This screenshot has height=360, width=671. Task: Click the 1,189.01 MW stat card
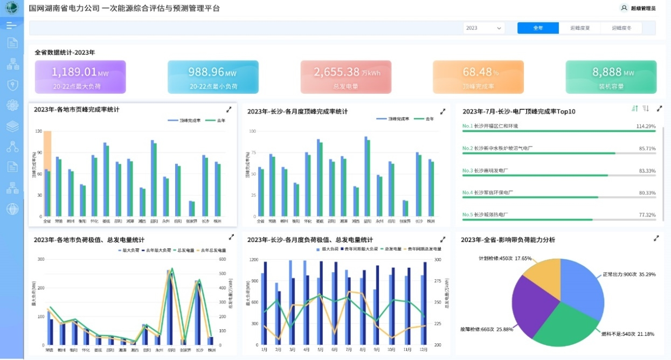[x=80, y=77]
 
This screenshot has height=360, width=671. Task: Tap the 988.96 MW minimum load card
[x=213, y=77]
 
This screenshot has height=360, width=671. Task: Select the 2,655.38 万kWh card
[x=345, y=77]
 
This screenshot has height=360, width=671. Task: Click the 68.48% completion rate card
[x=478, y=77]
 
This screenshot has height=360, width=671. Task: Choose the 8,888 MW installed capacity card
[x=611, y=77]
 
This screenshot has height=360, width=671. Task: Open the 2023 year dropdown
[x=483, y=28]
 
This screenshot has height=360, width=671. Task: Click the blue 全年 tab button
[x=537, y=28]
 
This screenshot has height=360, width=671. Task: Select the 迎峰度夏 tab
[x=580, y=28]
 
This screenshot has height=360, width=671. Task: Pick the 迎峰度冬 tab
[x=621, y=28]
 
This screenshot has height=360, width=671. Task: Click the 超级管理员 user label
[x=642, y=9]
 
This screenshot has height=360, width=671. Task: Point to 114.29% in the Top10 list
[x=646, y=126]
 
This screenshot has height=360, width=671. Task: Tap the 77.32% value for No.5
[x=647, y=214]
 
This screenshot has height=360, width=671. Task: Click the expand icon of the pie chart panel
[x=656, y=238]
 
